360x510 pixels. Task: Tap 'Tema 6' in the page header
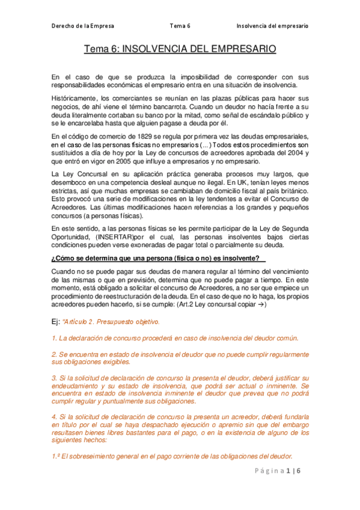180,26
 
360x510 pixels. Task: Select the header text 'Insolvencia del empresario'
272,26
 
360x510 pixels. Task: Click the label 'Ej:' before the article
56,322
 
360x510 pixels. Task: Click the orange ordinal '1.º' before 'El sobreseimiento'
56,455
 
